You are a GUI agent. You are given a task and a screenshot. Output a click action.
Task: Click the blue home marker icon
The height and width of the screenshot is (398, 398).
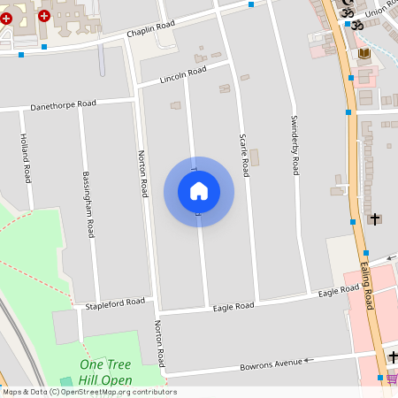(198, 191)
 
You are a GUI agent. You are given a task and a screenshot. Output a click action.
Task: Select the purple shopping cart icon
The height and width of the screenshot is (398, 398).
(391, 379)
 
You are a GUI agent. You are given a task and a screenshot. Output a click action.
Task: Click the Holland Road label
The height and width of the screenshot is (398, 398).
(26, 158)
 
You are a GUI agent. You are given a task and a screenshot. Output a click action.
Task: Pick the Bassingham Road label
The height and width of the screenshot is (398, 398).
(88, 204)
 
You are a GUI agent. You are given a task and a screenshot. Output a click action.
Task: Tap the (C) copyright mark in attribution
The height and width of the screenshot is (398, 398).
(54, 392)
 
